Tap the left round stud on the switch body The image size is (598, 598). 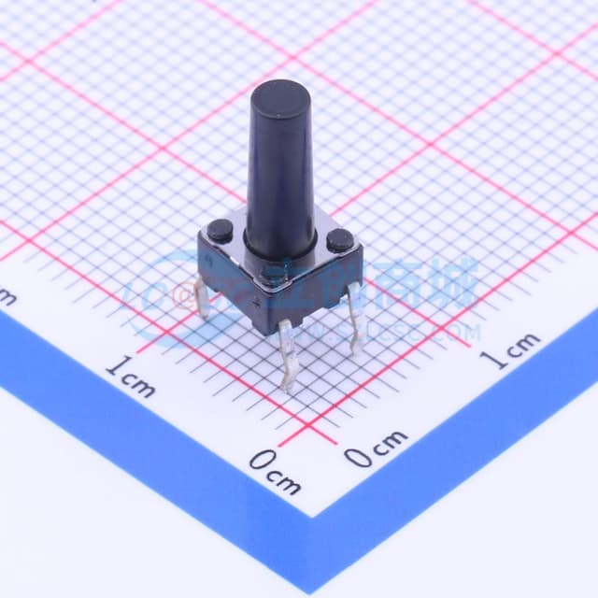point(222,228)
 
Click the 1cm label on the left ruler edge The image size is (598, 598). point(131,376)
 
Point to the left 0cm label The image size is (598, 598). point(276,471)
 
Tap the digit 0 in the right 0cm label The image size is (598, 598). point(356,457)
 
